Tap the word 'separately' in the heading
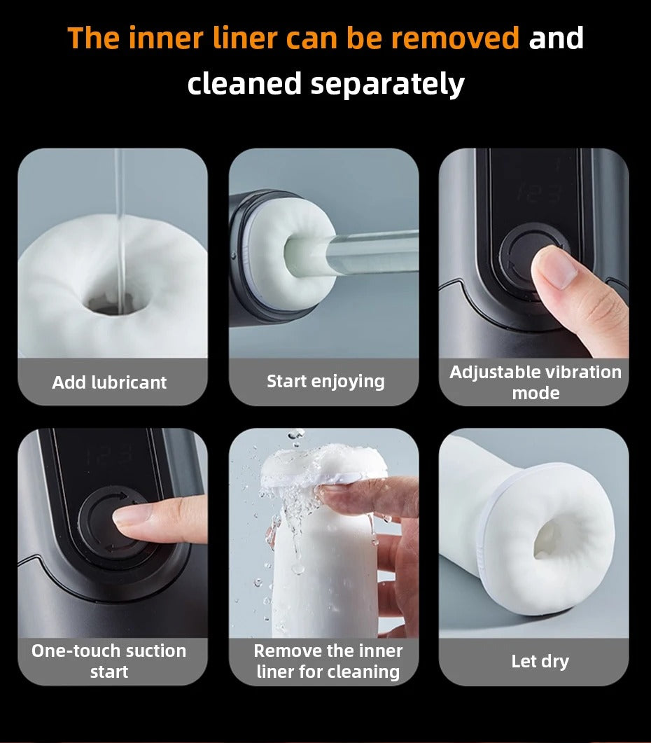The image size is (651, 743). tap(387, 85)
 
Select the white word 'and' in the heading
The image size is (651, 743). tap(556, 38)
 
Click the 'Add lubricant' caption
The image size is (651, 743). tap(109, 382)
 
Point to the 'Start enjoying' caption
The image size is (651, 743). tap(325, 382)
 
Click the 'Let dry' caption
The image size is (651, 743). tap(540, 661)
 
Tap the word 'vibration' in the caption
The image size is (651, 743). tap(584, 372)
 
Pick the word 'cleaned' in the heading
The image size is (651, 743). tap(244, 83)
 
